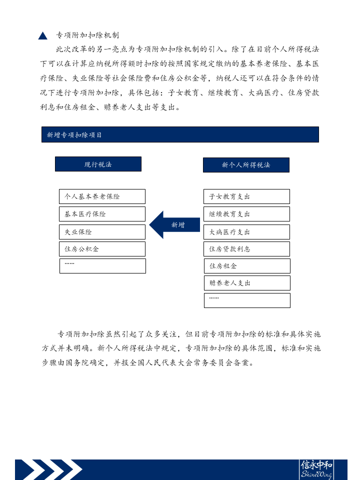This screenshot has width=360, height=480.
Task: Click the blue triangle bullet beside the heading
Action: click(42, 36)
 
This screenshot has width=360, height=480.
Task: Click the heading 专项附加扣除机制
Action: click(87, 35)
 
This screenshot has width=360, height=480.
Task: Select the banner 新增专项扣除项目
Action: click(180, 134)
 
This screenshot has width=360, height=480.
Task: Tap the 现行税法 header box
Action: click(98, 164)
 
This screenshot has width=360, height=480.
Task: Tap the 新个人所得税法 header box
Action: click(246, 165)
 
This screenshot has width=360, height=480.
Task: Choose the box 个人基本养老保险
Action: click(102, 196)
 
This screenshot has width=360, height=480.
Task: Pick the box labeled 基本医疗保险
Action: click(102, 214)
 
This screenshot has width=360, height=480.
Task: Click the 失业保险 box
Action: click(102, 232)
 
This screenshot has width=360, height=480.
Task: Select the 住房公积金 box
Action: click(102, 249)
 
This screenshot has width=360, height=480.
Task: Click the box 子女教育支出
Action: click(246, 196)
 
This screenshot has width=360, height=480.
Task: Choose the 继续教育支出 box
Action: click(246, 214)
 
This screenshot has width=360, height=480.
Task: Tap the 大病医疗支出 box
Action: click(246, 232)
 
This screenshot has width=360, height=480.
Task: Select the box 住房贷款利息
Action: click(246, 249)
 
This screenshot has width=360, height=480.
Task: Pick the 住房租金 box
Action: click(247, 266)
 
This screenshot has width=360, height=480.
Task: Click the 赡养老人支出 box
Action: click(247, 283)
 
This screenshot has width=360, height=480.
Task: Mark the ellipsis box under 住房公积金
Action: click(102, 266)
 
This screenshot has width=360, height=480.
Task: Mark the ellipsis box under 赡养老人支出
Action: click(247, 300)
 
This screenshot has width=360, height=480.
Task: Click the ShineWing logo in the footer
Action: click(316, 470)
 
